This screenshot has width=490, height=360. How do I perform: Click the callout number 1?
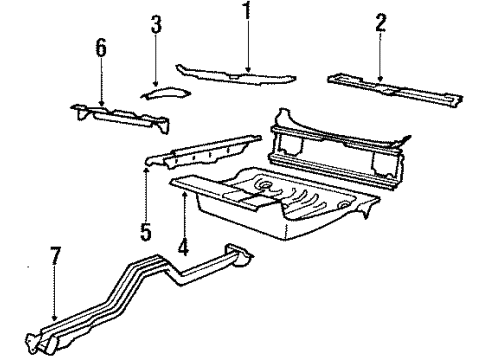point(245,13)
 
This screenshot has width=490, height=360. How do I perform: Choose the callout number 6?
point(101,49)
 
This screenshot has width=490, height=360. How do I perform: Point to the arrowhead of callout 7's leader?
point(52,323)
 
